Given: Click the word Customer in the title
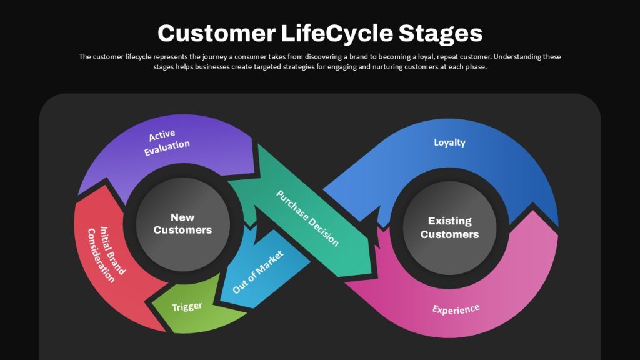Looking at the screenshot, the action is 216,33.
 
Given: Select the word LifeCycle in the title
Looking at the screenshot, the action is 337,34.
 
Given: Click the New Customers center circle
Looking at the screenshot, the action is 183,224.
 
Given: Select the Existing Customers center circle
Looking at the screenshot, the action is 449,227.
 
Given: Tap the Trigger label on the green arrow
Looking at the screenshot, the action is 187,306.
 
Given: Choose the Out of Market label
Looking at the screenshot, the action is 257,272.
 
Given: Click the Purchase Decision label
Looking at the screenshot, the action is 307,218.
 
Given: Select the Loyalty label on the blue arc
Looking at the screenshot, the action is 449,142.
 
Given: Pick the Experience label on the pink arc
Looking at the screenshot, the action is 456,309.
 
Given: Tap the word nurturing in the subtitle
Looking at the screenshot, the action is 387,66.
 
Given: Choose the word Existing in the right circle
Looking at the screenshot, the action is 450,221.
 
